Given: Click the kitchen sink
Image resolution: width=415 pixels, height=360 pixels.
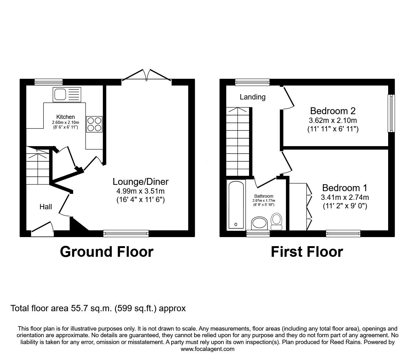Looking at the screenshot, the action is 67,94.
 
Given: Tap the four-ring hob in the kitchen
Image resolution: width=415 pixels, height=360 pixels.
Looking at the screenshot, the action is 94,124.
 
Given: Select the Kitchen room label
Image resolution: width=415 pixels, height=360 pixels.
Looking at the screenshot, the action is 65,117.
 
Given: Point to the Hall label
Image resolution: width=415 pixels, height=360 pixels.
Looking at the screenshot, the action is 46,207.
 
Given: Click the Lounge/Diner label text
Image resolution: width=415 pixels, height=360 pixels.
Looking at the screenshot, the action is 141,181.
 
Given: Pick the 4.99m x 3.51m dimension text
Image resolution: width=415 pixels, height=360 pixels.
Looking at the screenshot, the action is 141,191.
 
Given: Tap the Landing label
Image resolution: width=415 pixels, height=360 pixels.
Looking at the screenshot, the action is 252,97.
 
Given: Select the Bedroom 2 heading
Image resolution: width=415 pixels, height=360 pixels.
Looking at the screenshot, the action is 333,111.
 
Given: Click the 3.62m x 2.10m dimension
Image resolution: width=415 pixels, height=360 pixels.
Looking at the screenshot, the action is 333,120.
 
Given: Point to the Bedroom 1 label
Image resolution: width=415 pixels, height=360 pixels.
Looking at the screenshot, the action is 345,188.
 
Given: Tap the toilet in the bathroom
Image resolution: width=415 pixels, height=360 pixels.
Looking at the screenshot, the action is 277,221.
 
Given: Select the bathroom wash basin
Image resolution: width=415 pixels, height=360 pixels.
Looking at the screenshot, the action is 259,223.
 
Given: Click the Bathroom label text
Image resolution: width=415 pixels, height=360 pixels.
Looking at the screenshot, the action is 264,196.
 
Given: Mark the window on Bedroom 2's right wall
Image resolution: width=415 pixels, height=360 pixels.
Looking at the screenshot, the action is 391,113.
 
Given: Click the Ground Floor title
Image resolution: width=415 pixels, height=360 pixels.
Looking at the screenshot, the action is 107,252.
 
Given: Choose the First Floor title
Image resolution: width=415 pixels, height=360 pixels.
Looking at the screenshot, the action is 307,252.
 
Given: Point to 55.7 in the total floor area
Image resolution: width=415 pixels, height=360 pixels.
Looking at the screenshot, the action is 80,308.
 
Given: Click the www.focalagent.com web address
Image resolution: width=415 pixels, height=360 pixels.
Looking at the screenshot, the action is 207,349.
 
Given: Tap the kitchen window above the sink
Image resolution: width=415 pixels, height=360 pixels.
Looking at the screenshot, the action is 48,82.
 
